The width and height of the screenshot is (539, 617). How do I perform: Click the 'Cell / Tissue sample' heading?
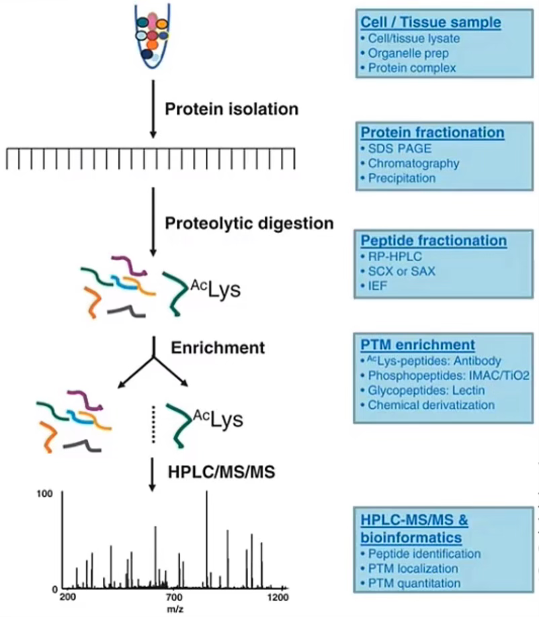[x=431, y=22]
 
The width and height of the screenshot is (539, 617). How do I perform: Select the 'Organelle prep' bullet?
[x=408, y=53]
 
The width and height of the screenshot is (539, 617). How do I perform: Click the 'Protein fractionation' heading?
[x=432, y=133]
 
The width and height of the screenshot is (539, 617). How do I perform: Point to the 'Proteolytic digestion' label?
[x=249, y=223]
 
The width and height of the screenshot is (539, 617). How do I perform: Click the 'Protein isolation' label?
[x=232, y=109]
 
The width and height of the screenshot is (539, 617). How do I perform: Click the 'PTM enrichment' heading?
[x=417, y=344]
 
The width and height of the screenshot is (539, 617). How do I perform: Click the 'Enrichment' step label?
[x=218, y=348]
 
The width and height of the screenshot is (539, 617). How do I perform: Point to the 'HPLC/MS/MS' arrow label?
[x=221, y=472]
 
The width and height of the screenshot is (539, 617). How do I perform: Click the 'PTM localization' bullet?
[x=413, y=569]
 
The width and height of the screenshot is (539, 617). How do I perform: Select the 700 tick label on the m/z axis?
[x=174, y=598]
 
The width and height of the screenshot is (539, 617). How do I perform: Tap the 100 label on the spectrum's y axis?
[x=44, y=494]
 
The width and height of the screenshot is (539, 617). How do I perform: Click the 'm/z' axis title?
[x=175, y=609]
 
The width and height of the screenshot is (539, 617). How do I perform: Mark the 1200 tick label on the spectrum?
[x=278, y=598]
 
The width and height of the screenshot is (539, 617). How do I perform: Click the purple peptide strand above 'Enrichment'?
[x=129, y=265]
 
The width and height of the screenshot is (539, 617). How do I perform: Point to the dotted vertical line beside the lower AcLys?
[x=154, y=424]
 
